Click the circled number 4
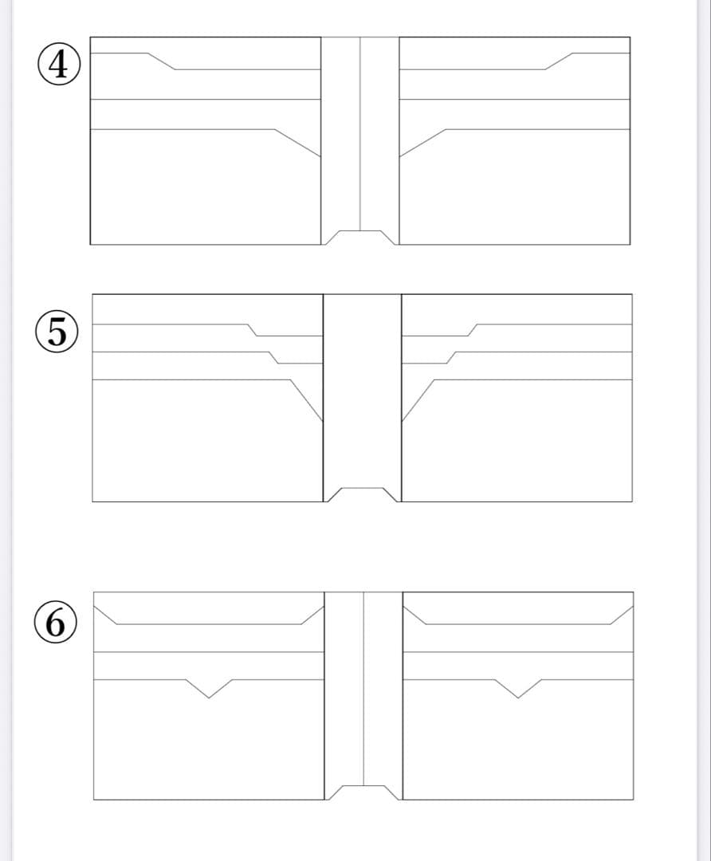tap(59, 65)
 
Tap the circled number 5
tap(57, 332)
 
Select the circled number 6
tap(56, 623)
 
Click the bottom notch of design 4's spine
tap(360, 238)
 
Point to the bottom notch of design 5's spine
tap(363, 494)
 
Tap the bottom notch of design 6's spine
tap(363, 792)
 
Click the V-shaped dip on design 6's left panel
tap(209, 689)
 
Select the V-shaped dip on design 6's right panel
tap(518, 689)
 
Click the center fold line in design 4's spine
tap(360, 134)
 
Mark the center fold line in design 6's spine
tap(363, 689)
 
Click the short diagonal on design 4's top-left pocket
tap(162, 61)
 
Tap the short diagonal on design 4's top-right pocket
tap(559, 61)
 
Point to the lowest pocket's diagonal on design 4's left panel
tap(297, 143)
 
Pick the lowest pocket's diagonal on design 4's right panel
tap(422, 143)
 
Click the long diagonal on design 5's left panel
tap(307, 400)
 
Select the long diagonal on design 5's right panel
tap(418, 400)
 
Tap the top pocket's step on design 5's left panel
tap(252, 330)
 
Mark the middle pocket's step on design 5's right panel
tap(452, 357)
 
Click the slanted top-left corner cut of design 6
tap(105, 615)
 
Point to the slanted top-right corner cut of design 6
tap(622, 615)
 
